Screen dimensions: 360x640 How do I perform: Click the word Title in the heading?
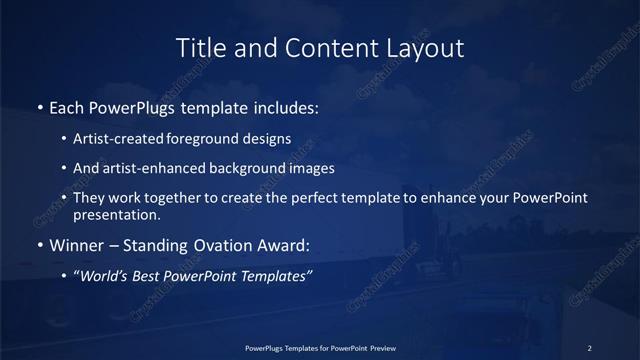[x=198, y=47]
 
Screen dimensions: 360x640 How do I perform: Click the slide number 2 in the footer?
[x=589, y=347]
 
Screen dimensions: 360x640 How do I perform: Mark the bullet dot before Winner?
[x=39, y=245]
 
